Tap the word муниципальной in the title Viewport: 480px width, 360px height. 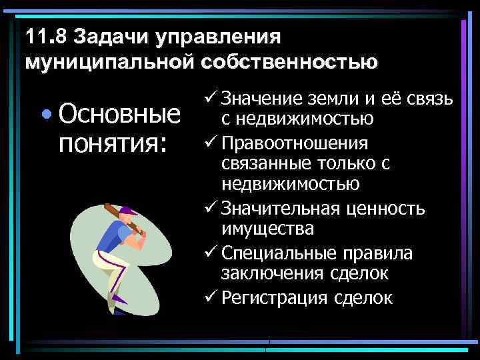click(x=107, y=61)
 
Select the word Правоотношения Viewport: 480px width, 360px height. click(x=295, y=144)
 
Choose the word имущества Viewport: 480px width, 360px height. click(x=267, y=229)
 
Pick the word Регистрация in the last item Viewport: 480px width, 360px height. click(x=272, y=297)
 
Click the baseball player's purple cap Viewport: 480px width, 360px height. click(x=128, y=212)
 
